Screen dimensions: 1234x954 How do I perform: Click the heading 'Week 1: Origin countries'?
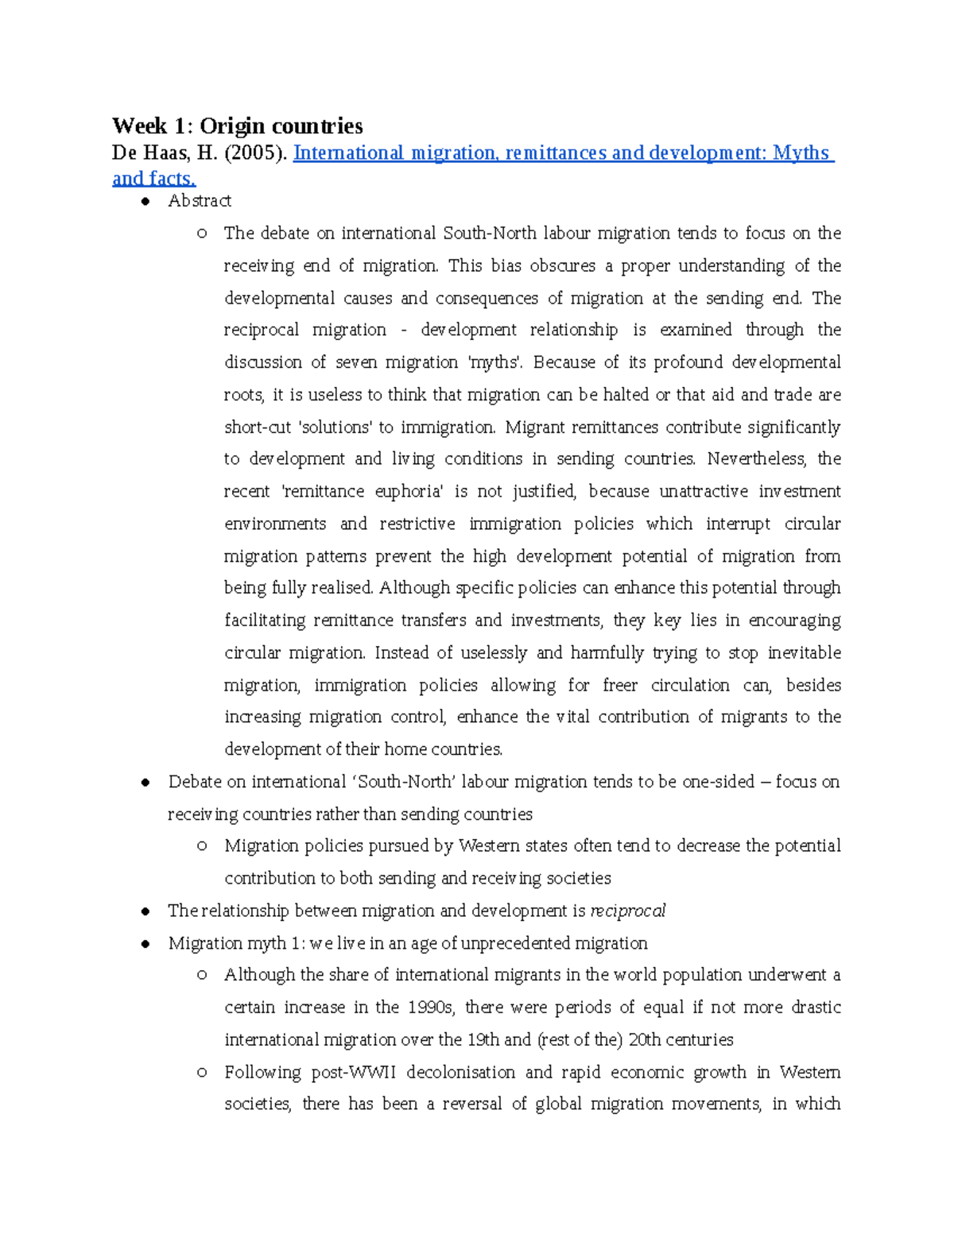[237, 126]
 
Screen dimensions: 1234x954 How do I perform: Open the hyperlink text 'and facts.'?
[153, 178]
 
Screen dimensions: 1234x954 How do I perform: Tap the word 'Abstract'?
[200, 201]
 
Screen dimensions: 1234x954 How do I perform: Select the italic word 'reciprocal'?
[627, 911]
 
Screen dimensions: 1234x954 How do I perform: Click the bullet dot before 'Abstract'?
[145, 202]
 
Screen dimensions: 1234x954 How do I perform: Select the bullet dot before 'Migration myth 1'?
[145, 944]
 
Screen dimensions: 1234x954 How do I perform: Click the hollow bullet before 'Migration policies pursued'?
[202, 846]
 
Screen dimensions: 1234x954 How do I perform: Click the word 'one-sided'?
[718, 782]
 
